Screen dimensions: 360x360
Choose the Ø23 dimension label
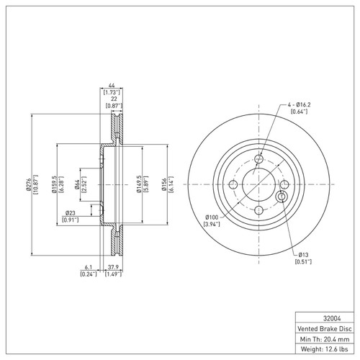click(x=71, y=213)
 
